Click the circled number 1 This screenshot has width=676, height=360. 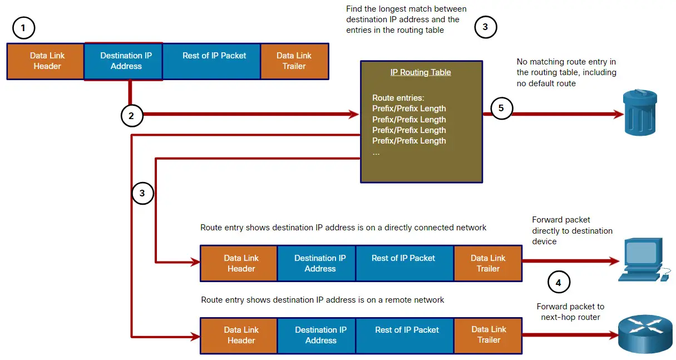tap(23, 27)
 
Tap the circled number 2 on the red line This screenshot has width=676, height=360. tap(131, 116)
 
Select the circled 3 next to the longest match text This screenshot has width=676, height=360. tap(485, 27)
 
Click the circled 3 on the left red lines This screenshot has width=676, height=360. tap(142, 193)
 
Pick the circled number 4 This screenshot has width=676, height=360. tap(558, 282)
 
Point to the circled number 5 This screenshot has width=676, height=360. tap(501, 108)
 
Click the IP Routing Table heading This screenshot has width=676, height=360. tap(421, 72)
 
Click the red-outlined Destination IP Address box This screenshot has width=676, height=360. tap(124, 61)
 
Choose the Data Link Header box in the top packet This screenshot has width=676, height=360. tap(46, 61)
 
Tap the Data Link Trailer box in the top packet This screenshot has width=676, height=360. tap(294, 61)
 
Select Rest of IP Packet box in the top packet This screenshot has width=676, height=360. tap(214, 61)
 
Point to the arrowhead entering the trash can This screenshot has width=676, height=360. tap(618, 114)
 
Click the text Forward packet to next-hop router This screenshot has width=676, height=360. tap(570, 312)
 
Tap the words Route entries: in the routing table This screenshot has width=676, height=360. tap(398, 98)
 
